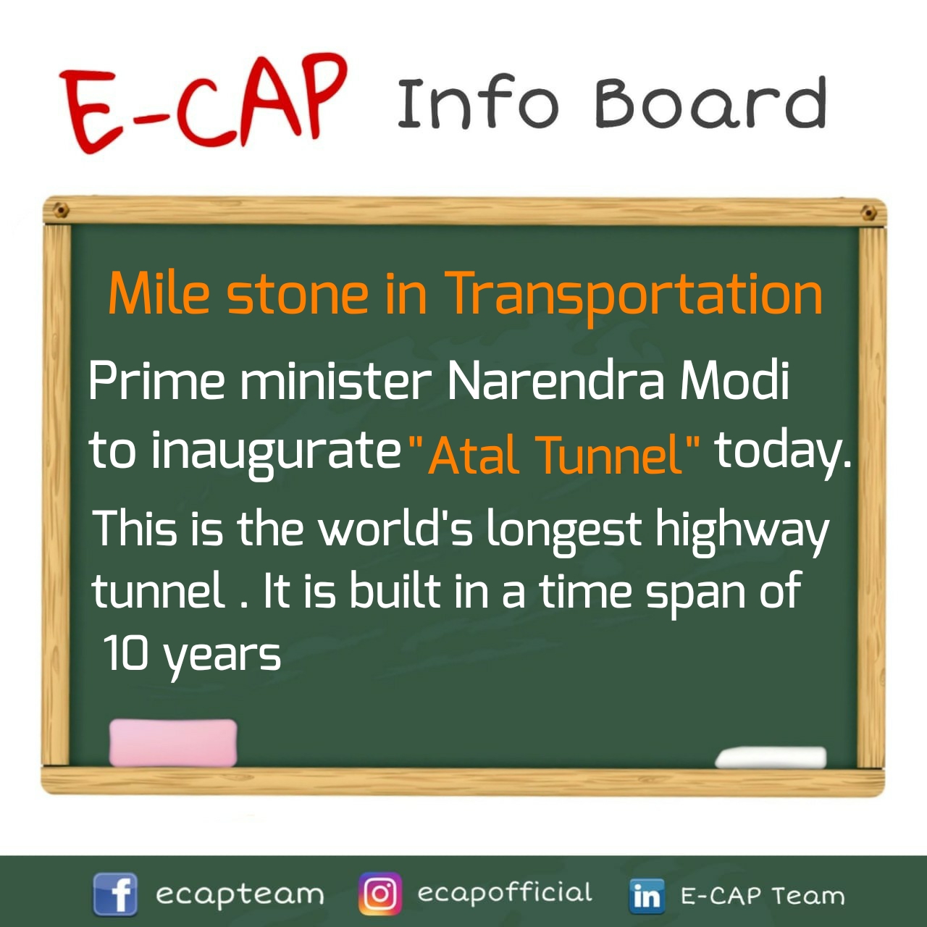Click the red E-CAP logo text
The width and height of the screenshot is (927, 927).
[x=204, y=104]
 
